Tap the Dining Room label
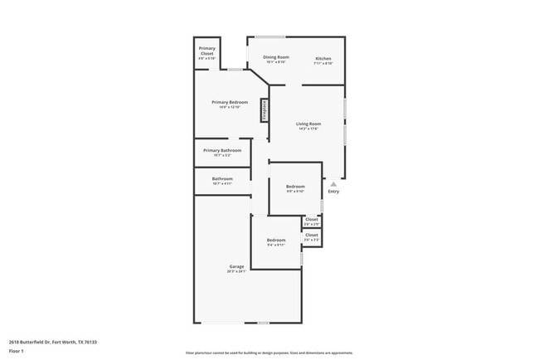[276, 57]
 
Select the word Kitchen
[323, 58]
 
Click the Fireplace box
[265, 109]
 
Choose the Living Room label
[308, 124]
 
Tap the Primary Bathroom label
[222, 150]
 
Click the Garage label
[236, 266]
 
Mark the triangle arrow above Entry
[333, 184]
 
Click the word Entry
[333, 192]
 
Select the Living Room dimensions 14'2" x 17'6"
[308, 129]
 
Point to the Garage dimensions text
[236, 271]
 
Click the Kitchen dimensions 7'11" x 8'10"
[323, 63]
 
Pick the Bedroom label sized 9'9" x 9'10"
[295, 186]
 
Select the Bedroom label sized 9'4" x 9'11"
[276, 240]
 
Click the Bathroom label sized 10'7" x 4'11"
[222, 178]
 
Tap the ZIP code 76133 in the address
[90, 342]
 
